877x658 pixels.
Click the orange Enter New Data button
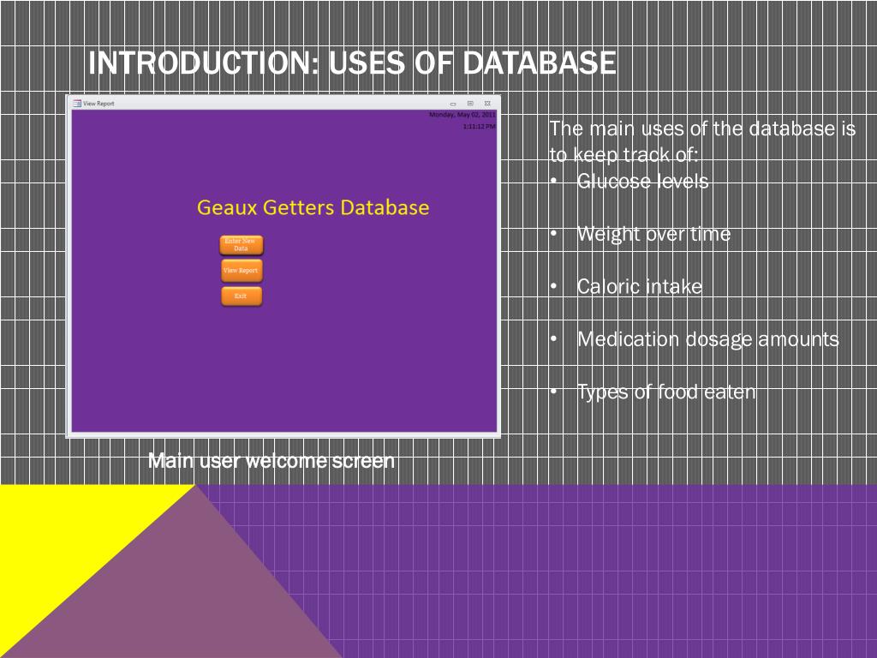click(241, 244)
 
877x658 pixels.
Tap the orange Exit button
click(241, 296)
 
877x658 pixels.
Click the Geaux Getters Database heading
click(313, 207)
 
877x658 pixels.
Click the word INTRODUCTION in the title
click(203, 63)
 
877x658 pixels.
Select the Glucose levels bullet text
click(642, 181)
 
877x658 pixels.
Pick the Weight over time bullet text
click(653, 234)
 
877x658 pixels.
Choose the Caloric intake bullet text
click(639, 287)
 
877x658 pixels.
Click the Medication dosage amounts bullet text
click(707, 339)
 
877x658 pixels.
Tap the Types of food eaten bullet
click(666, 392)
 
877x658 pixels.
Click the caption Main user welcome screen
click(271, 461)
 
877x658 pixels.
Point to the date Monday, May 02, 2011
click(462, 114)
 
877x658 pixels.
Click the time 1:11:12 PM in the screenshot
click(479, 126)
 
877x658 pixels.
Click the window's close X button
click(486, 103)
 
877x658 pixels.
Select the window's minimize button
click(453, 103)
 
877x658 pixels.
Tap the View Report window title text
click(98, 103)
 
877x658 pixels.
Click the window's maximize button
click(470, 103)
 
